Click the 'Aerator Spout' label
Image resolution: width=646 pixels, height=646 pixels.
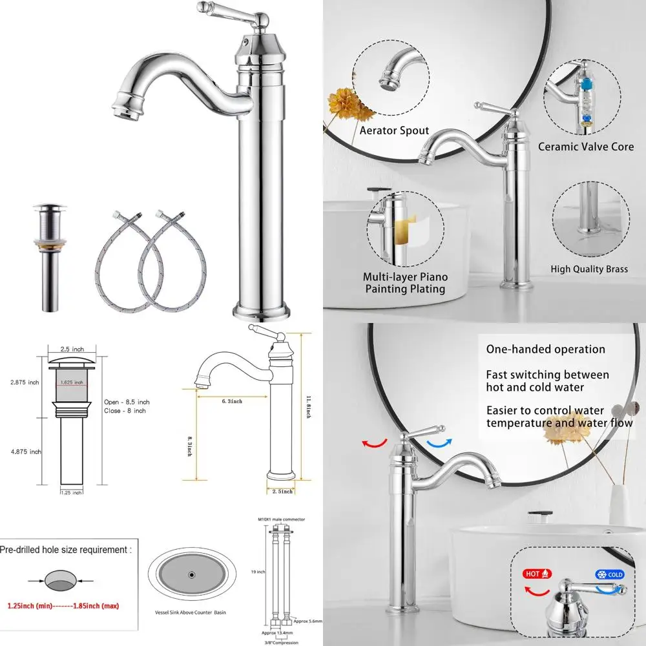tap(394, 131)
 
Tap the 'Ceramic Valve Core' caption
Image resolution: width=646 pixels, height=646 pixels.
tap(586, 147)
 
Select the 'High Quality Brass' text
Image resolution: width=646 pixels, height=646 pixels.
tap(589, 269)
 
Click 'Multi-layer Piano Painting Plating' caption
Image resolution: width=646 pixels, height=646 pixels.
tap(405, 283)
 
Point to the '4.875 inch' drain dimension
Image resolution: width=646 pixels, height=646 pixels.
tap(26, 452)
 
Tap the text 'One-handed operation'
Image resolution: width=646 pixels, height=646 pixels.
tap(545, 349)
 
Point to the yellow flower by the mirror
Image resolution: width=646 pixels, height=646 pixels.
tap(342, 103)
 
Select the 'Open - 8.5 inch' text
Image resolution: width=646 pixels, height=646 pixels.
tap(127, 402)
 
